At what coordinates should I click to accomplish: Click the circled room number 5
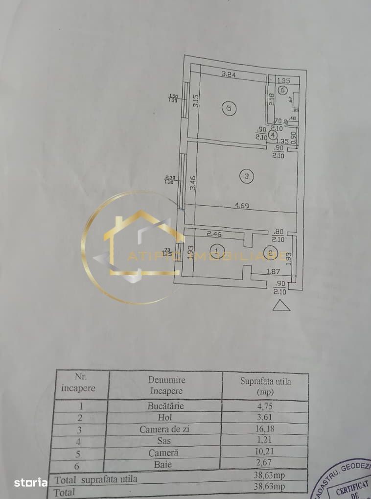click(x=229, y=108)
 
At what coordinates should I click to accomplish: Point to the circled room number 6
click(x=283, y=90)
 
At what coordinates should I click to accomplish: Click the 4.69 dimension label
click(x=241, y=206)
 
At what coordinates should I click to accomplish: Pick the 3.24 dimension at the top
click(x=229, y=75)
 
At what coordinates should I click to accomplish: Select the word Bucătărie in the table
click(x=166, y=406)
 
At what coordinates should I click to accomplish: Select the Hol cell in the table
click(x=166, y=418)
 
